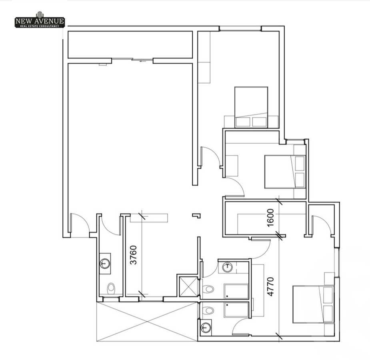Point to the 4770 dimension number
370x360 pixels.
tap(271, 286)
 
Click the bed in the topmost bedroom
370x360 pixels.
tap(251, 107)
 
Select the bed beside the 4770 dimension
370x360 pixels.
tap(313, 304)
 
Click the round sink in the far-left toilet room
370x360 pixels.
tap(105, 263)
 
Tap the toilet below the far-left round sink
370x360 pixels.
tap(111, 287)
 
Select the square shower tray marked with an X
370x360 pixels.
tap(188, 286)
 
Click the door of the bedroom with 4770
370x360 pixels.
tap(322, 226)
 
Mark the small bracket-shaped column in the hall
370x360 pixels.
tap(196, 216)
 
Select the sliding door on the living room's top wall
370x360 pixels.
tap(132, 60)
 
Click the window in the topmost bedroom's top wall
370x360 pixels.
tap(240, 28)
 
